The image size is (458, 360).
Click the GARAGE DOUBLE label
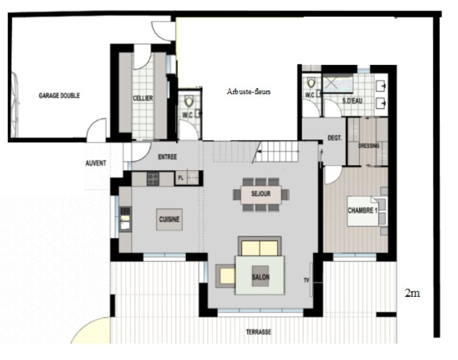[x=59, y=95]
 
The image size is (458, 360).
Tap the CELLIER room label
[x=143, y=98]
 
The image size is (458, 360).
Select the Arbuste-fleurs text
[x=248, y=92]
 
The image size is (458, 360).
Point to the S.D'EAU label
[x=352, y=101]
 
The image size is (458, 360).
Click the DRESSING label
[x=368, y=146]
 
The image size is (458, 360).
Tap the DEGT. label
[x=334, y=138]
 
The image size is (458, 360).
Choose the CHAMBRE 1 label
[x=362, y=210]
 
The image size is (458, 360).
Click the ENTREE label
[x=168, y=157]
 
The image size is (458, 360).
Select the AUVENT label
[x=96, y=163]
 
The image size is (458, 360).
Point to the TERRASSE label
[x=258, y=332]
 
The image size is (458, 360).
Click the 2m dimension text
[x=412, y=293]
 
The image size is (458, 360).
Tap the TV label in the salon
[x=306, y=280]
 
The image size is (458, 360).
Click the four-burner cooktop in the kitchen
[x=153, y=179]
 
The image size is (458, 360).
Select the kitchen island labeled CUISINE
[x=169, y=220]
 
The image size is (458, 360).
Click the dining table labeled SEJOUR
[x=261, y=194]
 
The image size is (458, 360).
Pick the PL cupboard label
[x=181, y=178]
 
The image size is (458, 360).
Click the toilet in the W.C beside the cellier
[x=189, y=102]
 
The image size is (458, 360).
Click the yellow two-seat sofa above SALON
[x=259, y=246]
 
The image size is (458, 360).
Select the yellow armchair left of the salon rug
[x=226, y=276]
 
